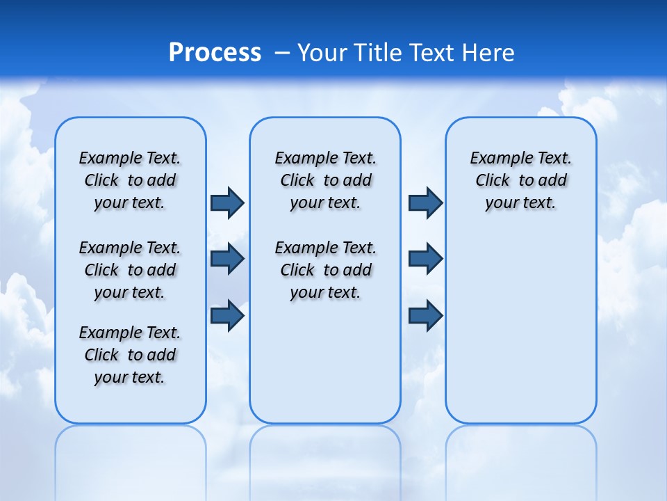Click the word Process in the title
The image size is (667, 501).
(215, 53)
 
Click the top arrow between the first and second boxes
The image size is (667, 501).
(227, 202)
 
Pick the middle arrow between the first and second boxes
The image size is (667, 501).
(227, 259)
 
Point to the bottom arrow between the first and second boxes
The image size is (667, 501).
(227, 315)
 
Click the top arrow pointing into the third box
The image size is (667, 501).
(425, 202)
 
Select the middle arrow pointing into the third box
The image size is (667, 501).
(425, 259)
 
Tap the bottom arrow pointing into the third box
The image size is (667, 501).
(425, 315)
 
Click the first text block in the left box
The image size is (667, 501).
(130, 180)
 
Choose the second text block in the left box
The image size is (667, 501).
(130, 270)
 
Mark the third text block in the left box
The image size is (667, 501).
(130, 355)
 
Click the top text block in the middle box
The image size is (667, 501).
(325, 180)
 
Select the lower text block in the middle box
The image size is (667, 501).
(325, 270)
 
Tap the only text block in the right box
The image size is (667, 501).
(520, 180)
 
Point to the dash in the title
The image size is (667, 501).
(282, 53)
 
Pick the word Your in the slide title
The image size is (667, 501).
(323, 53)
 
